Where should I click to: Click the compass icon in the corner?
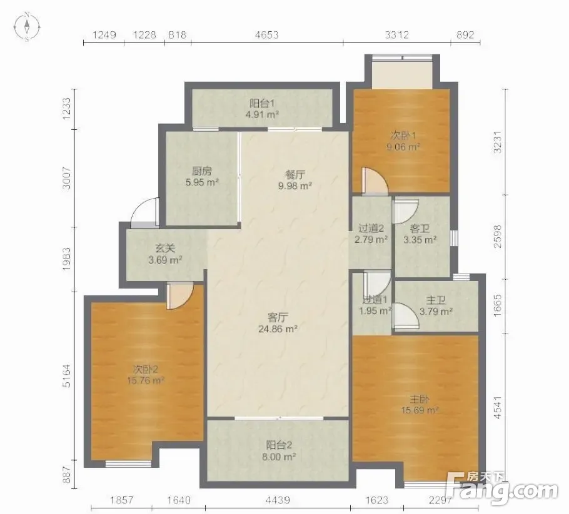click(27, 26)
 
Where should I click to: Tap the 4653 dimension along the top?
click(267, 35)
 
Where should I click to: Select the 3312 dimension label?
click(396, 35)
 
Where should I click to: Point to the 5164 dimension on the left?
click(67, 375)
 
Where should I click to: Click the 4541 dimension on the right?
click(498, 407)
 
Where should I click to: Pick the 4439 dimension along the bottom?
click(278, 500)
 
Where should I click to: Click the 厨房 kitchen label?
click(202, 171)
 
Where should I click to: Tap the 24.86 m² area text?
click(278, 329)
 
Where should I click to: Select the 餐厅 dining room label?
click(295, 174)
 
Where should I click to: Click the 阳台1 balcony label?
click(262, 103)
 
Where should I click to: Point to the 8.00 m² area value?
click(279, 457)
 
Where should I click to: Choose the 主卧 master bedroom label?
click(420, 399)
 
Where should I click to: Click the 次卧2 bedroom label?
click(146, 369)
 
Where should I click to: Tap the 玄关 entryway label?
click(165, 249)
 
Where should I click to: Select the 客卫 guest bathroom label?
click(420, 229)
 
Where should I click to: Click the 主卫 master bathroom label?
click(436, 300)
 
